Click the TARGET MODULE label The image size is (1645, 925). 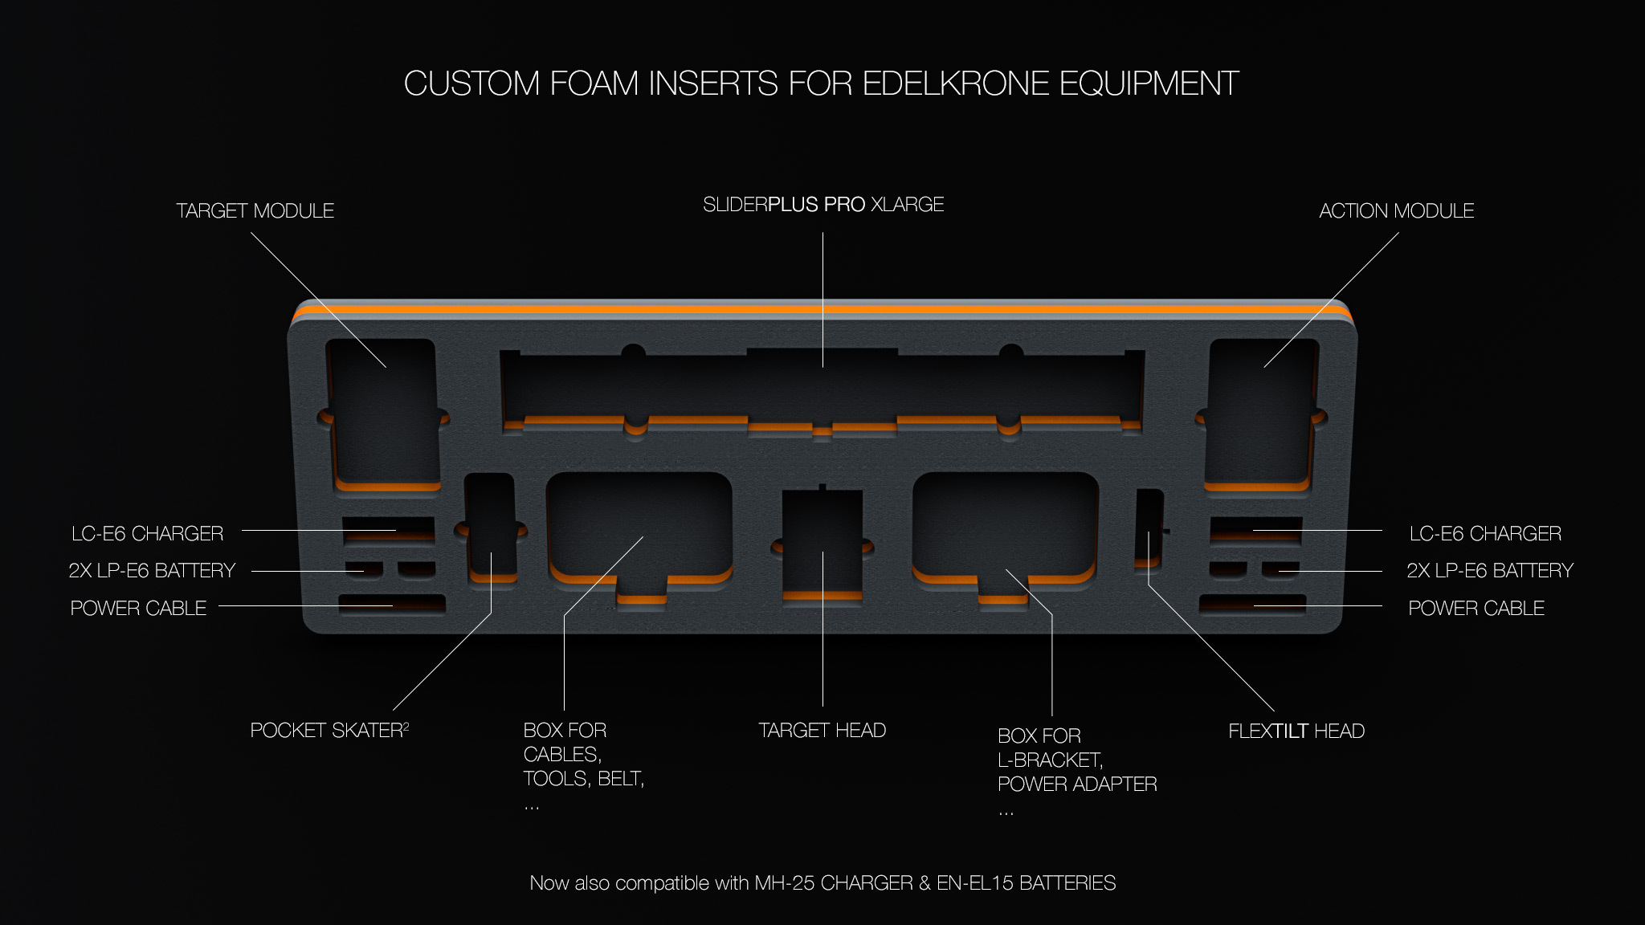tap(255, 211)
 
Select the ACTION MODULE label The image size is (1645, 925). tap(1396, 211)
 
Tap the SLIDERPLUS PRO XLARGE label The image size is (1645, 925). tap(823, 205)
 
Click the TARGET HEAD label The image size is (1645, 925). tap(822, 731)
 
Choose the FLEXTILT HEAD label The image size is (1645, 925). tap(1296, 731)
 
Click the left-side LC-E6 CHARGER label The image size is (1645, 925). tap(147, 534)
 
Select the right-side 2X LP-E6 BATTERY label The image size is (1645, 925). tap(1490, 571)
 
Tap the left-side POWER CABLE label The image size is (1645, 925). tap(138, 609)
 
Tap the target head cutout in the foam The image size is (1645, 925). tap(822, 542)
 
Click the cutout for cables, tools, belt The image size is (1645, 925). tap(639, 526)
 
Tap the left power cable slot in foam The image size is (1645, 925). tap(391, 604)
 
